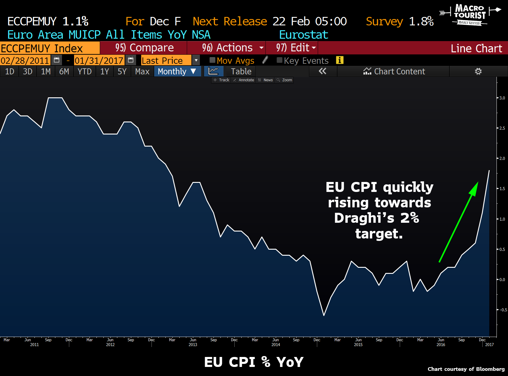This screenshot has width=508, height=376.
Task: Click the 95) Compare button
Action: pos(144,48)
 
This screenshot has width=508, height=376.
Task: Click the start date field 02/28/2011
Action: pos(25,60)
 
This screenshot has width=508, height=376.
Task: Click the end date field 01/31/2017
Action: pos(99,60)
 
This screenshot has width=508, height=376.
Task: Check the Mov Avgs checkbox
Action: pos(212,60)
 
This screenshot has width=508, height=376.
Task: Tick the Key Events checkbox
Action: pos(279,60)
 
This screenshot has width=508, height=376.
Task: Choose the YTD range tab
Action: pos(84,71)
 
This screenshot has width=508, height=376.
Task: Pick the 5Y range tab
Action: pos(122,71)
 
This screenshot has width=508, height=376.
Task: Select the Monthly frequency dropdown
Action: pos(177,71)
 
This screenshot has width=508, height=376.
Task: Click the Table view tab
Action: pos(241,71)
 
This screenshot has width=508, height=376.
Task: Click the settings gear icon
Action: pos(478,71)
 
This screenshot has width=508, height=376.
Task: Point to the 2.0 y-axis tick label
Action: pos(502,158)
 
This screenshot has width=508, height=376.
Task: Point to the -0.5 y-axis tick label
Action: pos(503,310)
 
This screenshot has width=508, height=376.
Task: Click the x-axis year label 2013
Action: pos(193,345)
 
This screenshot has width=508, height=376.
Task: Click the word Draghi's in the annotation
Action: pos(364,218)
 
